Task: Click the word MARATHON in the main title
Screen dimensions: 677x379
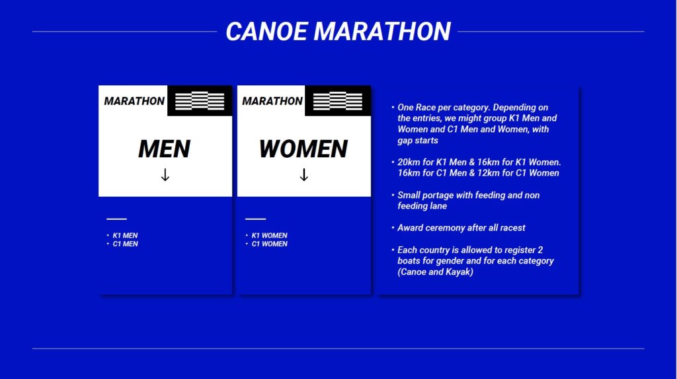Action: point(382,32)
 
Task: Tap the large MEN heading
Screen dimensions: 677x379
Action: point(165,149)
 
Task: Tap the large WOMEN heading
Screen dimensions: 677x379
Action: point(303,149)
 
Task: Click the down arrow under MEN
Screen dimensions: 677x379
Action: point(165,174)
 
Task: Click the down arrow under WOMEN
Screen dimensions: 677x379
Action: point(304,174)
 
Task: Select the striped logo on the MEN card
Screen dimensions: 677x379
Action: point(200,101)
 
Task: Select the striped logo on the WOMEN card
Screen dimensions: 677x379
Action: point(338,101)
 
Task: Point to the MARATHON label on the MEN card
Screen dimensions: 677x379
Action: point(134,101)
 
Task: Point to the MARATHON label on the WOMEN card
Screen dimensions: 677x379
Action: point(272,101)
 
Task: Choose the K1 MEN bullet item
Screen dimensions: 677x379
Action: point(125,236)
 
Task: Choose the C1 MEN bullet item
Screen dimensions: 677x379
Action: point(125,244)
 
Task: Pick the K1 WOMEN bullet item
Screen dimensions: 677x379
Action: point(270,236)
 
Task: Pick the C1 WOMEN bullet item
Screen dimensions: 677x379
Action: point(270,244)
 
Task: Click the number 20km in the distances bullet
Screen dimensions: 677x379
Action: point(409,162)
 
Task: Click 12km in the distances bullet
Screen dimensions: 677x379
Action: point(513,173)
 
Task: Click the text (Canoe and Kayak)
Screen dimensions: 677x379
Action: point(435,272)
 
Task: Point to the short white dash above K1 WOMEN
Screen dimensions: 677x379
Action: point(256,219)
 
